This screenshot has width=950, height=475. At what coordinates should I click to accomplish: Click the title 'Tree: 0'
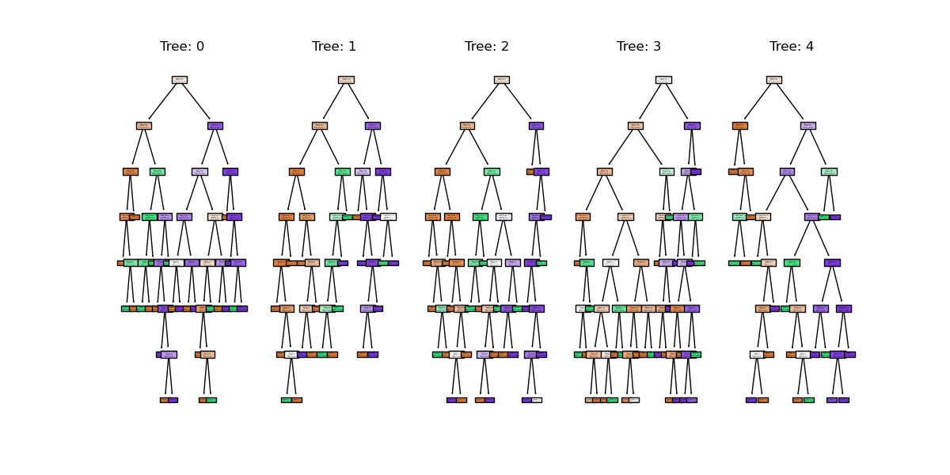pos(182,47)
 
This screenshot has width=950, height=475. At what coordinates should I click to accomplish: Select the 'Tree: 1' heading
pos(334,47)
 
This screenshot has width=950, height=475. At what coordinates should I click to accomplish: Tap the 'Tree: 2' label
pos(487,47)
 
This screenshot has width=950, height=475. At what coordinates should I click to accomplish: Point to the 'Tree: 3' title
pos(639,47)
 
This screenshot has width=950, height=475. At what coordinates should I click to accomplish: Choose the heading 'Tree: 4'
pos(792,47)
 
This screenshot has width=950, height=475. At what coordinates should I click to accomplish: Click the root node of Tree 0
pos(180,80)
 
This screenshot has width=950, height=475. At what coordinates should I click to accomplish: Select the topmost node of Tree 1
pos(346,80)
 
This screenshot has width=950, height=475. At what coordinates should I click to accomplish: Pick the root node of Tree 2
pos(501,80)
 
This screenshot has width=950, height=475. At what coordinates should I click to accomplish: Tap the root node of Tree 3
pos(663,80)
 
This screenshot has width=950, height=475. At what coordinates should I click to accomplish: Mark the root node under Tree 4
pos(774,80)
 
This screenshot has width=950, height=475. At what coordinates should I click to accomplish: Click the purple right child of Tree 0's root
pos(215,126)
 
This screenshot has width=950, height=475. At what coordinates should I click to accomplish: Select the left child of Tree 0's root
pos(143,126)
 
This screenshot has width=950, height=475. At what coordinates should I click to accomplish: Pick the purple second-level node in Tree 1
pos(372,126)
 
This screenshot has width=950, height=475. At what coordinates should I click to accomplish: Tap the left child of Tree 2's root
pos(467,126)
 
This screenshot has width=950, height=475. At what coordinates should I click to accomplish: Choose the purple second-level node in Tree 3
pos(692,126)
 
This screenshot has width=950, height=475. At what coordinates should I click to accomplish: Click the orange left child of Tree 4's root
pos(740,126)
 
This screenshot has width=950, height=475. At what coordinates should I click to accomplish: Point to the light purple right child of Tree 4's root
pos(808,126)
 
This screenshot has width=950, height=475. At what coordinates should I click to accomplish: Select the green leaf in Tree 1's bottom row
pos(287,400)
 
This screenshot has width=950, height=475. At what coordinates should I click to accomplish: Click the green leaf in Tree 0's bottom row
pos(211,400)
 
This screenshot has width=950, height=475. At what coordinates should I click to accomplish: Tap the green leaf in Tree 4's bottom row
pos(809,400)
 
